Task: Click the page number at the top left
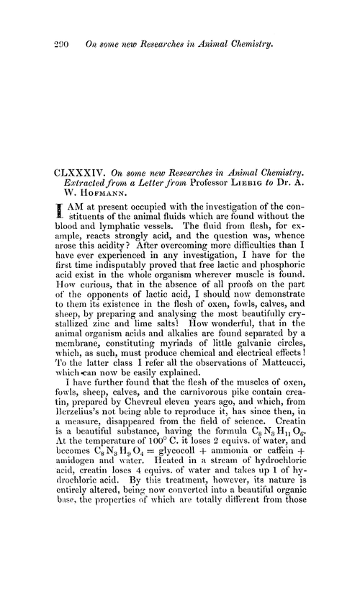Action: tap(55, 45)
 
